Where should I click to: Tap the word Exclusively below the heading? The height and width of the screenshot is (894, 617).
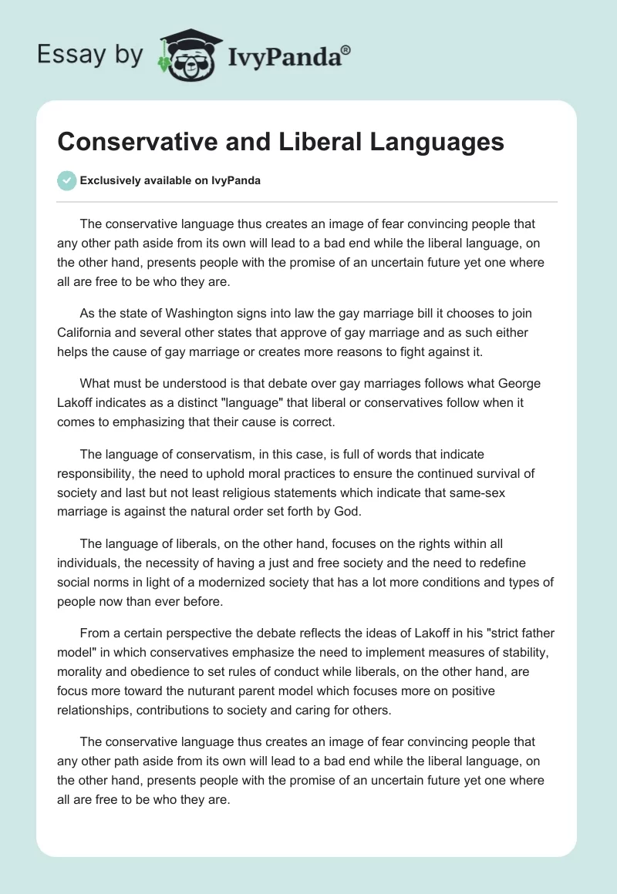click(x=110, y=181)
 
